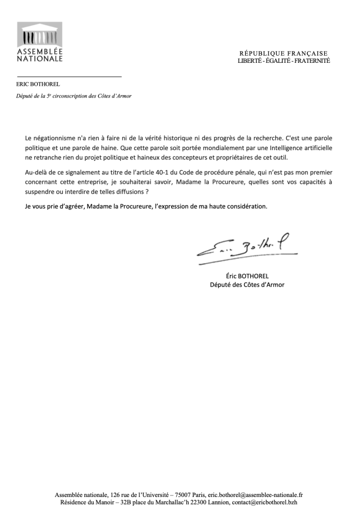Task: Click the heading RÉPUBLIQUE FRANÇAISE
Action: [283, 54]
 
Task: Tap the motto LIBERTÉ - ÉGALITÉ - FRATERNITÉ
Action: [283, 61]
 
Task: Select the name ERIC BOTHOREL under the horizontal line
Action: [38, 84]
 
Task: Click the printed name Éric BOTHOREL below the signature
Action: [247, 276]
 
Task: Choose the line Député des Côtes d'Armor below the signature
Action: [247, 285]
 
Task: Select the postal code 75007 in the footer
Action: [183, 495]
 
